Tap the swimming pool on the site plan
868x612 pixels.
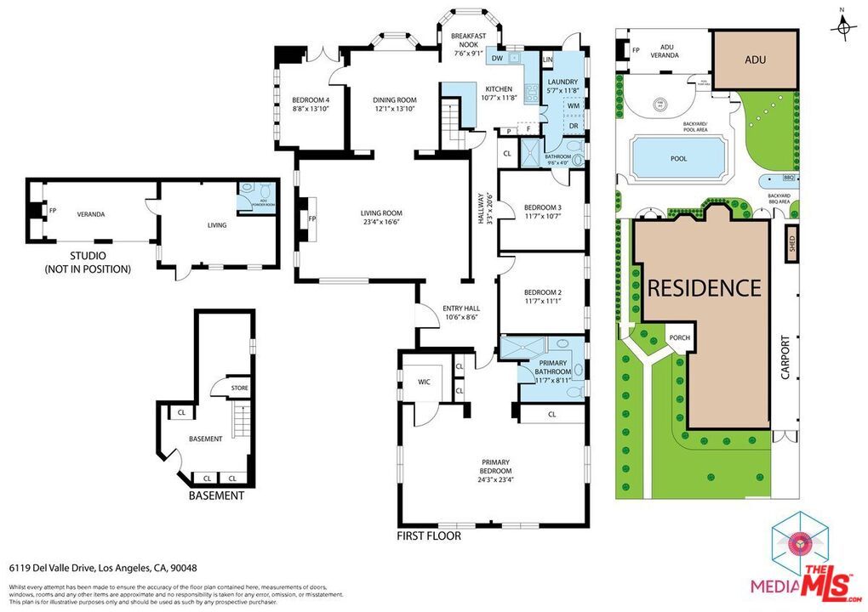click(x=677, y=158)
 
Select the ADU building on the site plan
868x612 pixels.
click(x=754, y=59)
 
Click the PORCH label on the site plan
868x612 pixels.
click(x=680, y=338)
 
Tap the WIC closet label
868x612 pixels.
click(x=424, y=382)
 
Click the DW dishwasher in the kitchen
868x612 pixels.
click(x=496, y=59)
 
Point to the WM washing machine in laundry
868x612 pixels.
click(x=574, y=105)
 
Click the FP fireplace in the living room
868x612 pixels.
click(x=311, y=218)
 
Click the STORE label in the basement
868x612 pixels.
click(x=240, y=388)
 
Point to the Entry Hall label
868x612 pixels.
click(x=461, y=312)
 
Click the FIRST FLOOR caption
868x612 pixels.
click(x=429, y=536)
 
